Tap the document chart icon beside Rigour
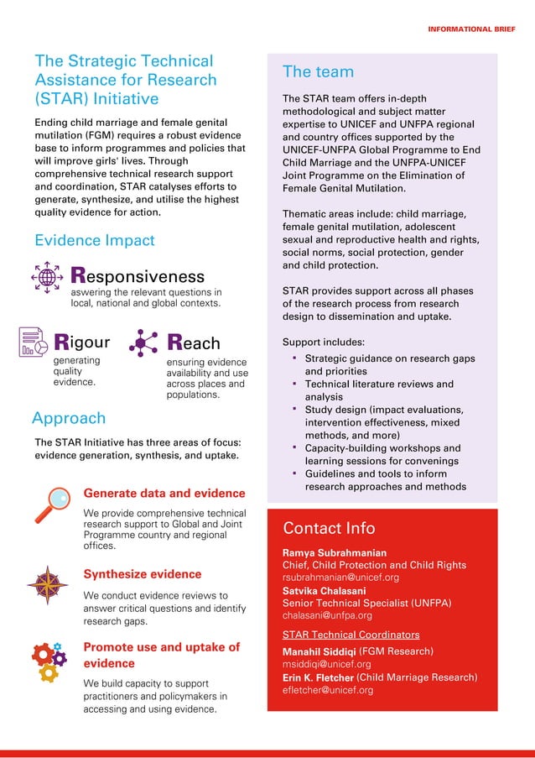(34, 342)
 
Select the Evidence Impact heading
(95, 240)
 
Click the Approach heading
(69, 418)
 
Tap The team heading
(319, 71)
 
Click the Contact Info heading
(330, 528)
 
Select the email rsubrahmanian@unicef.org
(340, 578)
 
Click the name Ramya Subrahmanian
(335, 553)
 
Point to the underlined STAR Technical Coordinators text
(351, 635)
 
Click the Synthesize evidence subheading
(143, 574)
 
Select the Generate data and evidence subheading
(164, 493)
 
